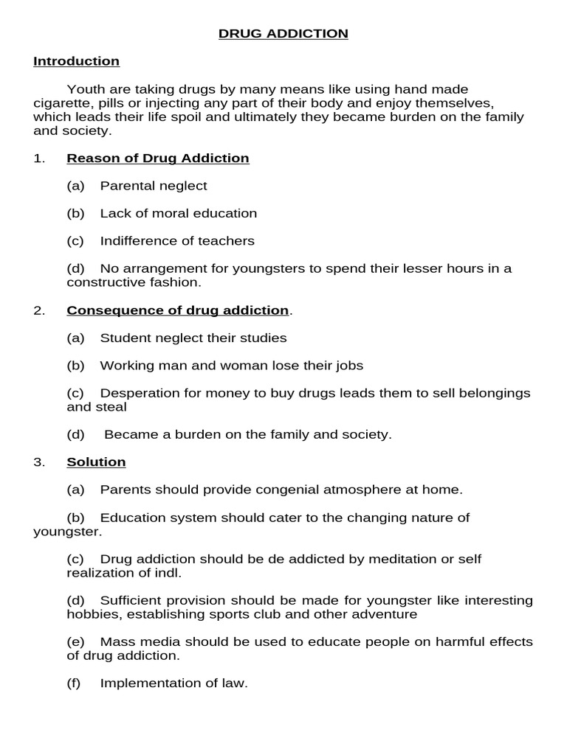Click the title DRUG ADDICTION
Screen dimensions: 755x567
(x=283, y=34)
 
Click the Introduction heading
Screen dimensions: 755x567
(x=76, y=61)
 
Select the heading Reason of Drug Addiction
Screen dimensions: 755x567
(x=157, y=158)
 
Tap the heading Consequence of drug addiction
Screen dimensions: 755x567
(x=177, y=310)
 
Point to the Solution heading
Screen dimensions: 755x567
(x=96, y=462)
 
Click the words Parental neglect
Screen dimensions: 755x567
(x=154, y=186)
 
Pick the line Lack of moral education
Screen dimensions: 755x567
(x=178, y=214)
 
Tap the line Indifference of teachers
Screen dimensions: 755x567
(x=177, y=241)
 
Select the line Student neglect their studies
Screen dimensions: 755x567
(x=193, y=338)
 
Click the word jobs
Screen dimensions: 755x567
(x=347, y=366)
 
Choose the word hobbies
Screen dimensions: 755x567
(x=90, y=614)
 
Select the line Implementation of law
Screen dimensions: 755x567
(x=173, y=683)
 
